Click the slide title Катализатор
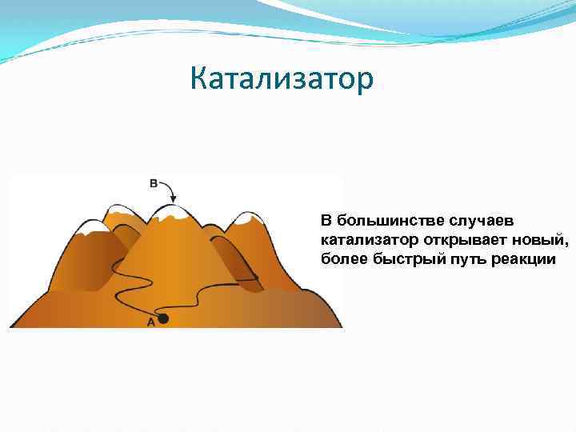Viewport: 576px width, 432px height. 282,79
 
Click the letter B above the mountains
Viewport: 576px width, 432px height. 154,183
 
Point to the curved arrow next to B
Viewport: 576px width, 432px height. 171,191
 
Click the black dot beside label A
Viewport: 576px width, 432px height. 164,319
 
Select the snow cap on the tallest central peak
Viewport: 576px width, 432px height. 175,214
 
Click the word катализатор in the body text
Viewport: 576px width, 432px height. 364,239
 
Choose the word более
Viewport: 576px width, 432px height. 342,258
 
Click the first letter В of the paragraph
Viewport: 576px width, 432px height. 326,220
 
